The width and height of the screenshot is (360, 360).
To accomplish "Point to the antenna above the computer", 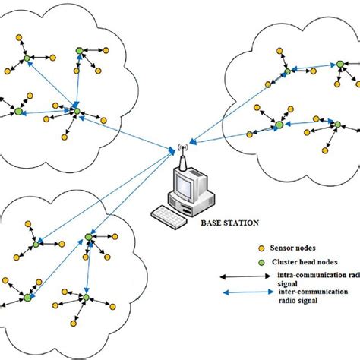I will click(x=182, y=154).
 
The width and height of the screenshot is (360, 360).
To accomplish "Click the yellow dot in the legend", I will click(x=262, y=248).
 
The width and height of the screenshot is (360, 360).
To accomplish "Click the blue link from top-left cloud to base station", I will click(x=125, y=133).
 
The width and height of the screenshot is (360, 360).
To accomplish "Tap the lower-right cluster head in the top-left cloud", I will click(x=75, y=112).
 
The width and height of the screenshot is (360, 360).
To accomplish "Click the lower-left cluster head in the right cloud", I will click(x=279, y=125).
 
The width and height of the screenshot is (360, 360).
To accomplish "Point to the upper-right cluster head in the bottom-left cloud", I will click(x=89, y=237).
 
